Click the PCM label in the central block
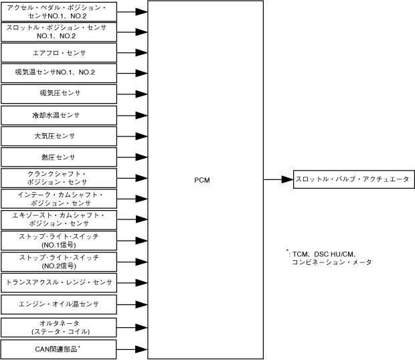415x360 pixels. point(203,180)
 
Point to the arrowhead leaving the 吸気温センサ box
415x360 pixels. point(141,72)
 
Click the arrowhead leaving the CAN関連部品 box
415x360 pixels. point(141,349)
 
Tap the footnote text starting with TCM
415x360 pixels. point(328,258)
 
